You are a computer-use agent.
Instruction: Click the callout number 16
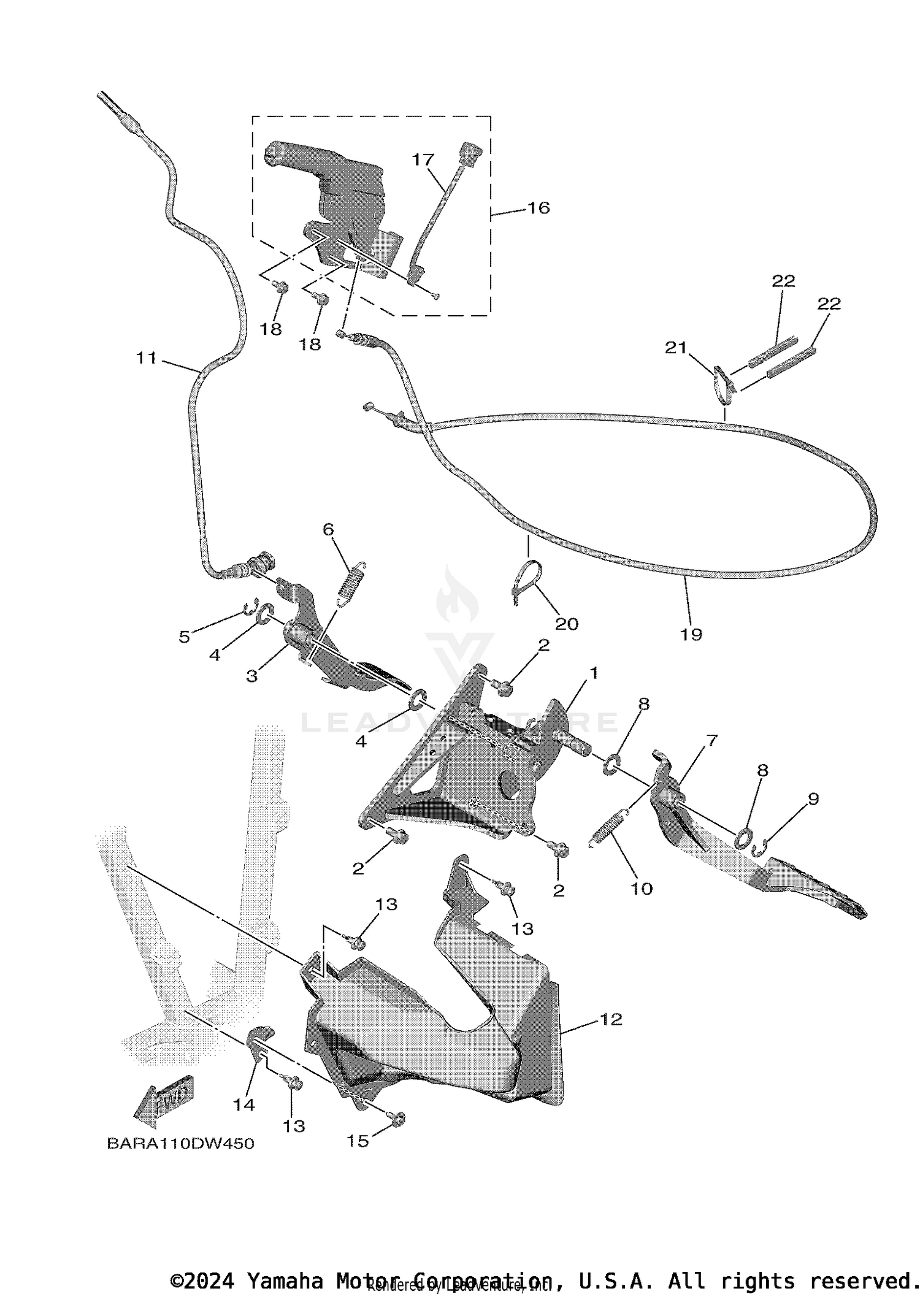pos(539,208)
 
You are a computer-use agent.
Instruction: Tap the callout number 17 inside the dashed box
pos(423,160)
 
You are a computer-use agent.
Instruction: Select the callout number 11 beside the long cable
pos(147,358)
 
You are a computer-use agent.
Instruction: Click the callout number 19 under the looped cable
pos(691,634)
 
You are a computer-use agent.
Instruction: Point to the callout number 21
pos(675,348)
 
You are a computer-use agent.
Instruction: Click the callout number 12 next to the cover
pos(611,1019)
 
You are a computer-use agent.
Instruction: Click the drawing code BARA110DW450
pos(180,1144)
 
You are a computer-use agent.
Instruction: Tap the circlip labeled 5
pos(248,608)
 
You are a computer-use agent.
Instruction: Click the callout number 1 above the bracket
pos(593,673)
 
